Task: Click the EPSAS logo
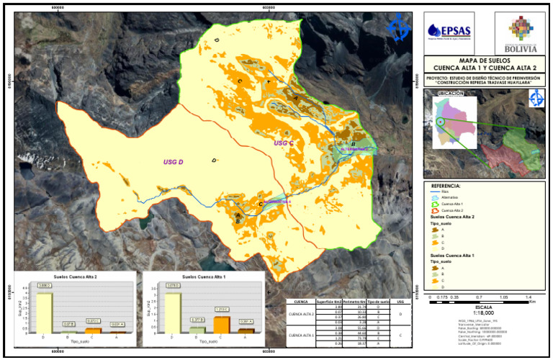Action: (448, 32)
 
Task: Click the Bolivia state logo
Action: (521, 34)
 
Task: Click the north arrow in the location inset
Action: (536, 100)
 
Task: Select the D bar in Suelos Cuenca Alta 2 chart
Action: (45, 308)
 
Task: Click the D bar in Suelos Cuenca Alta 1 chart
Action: (173, 310)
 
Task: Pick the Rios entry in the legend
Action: (450, 192)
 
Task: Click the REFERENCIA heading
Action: (446, 185)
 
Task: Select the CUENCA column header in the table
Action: (302, 302)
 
